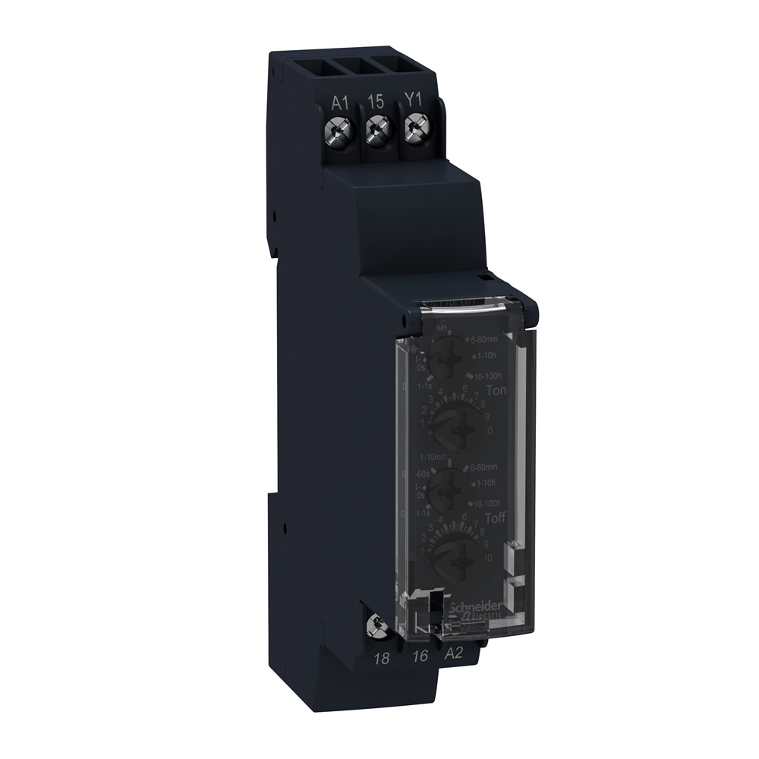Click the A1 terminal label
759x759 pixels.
point(339,102)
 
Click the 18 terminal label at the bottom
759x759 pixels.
point(383,658)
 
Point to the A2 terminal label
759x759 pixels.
point(454,655)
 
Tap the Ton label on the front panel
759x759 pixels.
point(496,389)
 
